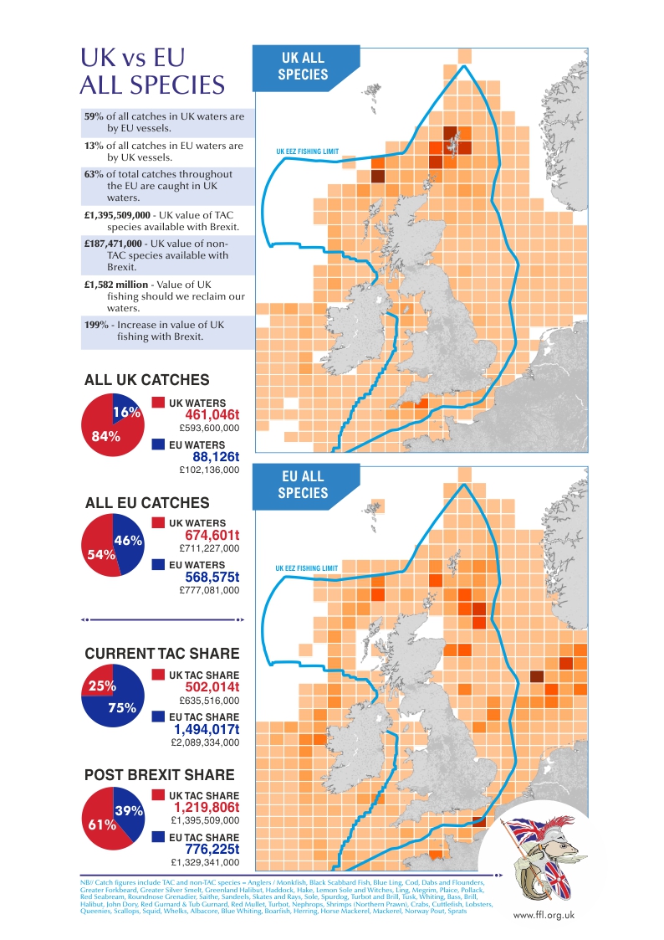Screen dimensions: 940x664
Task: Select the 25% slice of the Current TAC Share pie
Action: [98, 685]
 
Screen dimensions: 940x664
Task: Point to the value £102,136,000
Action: [210, 470]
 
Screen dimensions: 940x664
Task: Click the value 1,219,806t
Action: [207, 809]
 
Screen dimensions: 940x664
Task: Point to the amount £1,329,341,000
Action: [205, 862]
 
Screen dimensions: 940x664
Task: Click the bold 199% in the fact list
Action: [96, 325]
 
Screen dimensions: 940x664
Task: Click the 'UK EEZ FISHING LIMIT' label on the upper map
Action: [307, 153]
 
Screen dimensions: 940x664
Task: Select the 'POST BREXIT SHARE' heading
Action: [160, 775]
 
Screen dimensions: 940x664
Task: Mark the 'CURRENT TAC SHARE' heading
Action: [162, 654]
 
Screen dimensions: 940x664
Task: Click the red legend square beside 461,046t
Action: [158, 403]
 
